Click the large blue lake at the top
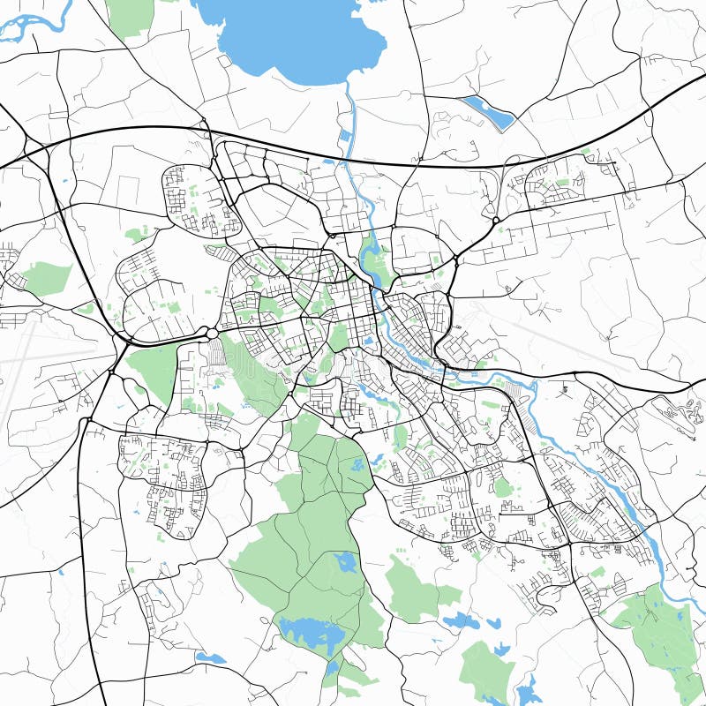coord(291,40)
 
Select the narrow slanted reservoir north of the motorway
coord(487,113)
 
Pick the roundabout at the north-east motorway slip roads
coord(496,220)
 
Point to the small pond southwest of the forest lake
coord(211,657)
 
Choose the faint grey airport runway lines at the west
coord(35,353)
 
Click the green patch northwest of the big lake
coord(130,16)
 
